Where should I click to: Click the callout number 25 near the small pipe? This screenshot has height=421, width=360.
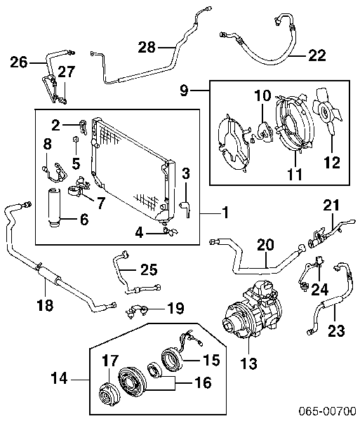(148, 269)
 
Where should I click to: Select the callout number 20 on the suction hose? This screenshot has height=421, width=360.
(265, 244)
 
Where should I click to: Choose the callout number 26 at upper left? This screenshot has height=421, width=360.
(18, 62)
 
